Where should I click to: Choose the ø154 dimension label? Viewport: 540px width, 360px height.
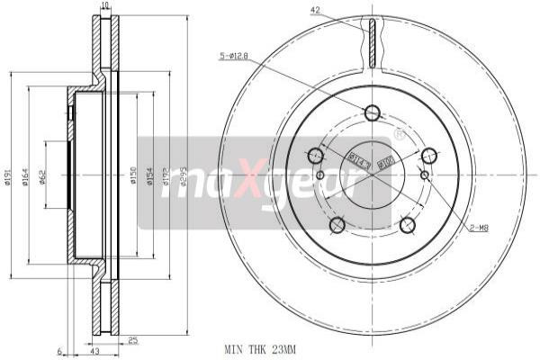tap(150, 179)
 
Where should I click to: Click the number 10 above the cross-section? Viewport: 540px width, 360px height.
tap(105, 6)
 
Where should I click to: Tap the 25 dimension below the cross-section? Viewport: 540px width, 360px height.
tap(131, 341)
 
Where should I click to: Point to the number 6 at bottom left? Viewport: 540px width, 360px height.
tap(58, 350)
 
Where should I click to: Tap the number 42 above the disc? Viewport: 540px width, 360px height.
tap(315, 10)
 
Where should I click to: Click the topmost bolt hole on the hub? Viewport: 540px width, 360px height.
tap(372, 112)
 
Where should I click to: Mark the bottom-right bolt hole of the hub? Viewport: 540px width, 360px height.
tap(407, 224)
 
